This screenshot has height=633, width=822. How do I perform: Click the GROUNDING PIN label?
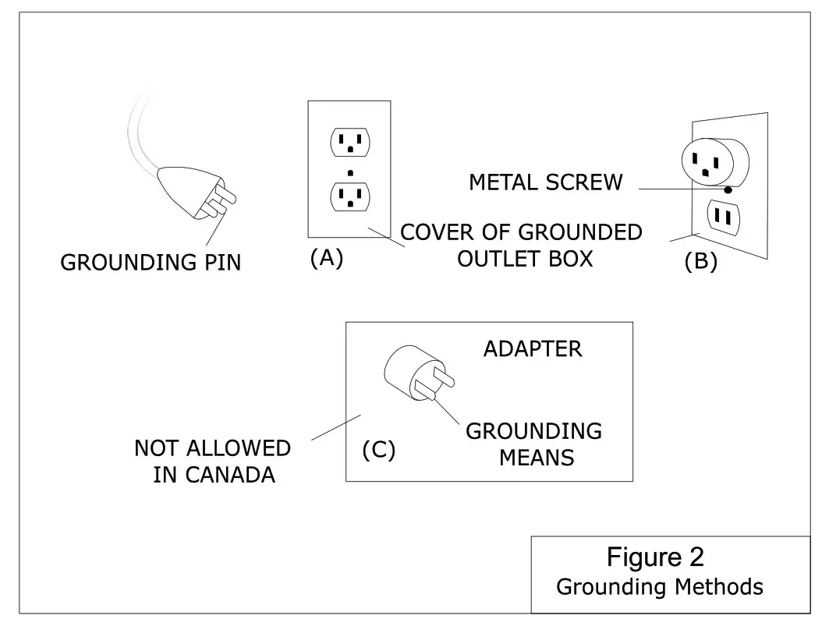(x=151, y=263)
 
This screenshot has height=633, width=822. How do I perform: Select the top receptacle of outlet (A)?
(x=350, y=142)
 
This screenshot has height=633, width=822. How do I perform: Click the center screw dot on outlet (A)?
(x=350, y=172)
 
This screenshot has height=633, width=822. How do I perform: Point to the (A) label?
(x=327, y=258)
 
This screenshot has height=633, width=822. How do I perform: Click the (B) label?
(x=700, y=262)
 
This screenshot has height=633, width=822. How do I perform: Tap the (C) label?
(x=379, y=451)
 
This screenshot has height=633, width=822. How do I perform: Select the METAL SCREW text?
(x=546, y=183)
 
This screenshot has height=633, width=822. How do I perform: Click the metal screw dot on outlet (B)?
(x=728, y=189)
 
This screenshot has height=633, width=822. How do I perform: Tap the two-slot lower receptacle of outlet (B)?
(x=723, y=219)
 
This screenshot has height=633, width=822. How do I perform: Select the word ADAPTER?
(x=533, y=349)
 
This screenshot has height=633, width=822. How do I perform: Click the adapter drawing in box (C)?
(x=413, y=373)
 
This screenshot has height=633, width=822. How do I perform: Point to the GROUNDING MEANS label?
(x=534, y=444)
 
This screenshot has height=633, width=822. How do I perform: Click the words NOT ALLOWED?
(x=212, y=449)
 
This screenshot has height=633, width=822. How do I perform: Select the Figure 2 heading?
(x=655, y=557)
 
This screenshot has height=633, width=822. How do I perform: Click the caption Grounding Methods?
(x=660, y=586)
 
